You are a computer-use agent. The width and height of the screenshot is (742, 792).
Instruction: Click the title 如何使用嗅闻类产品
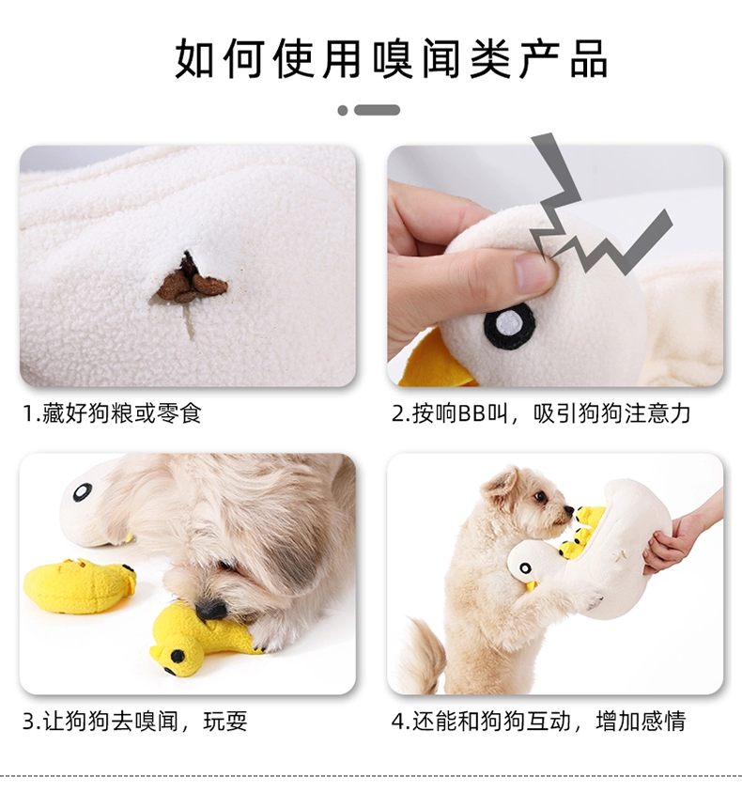pos(392,58)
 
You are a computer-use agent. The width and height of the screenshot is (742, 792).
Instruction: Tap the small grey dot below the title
pos(343,110)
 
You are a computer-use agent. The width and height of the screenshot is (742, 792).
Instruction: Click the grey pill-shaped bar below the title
pos(377,110)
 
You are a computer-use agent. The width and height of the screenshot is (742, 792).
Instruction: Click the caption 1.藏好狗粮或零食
pos(112,413)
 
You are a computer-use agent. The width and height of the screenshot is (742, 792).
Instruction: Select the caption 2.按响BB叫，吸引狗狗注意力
pos(541,413)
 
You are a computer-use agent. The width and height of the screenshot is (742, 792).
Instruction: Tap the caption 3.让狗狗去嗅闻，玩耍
pos(135,721)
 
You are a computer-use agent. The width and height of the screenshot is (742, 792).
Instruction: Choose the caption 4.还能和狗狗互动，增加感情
pos(539,721)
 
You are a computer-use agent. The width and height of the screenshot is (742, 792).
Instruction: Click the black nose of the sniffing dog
pos(211,610)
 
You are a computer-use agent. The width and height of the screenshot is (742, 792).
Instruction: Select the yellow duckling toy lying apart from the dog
pos(79,585)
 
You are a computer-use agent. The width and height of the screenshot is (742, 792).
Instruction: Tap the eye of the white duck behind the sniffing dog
pos(83,492)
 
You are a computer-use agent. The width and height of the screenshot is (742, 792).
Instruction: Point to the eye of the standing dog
pos(541,497)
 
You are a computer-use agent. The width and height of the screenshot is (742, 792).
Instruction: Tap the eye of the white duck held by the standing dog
pos(525,568)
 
